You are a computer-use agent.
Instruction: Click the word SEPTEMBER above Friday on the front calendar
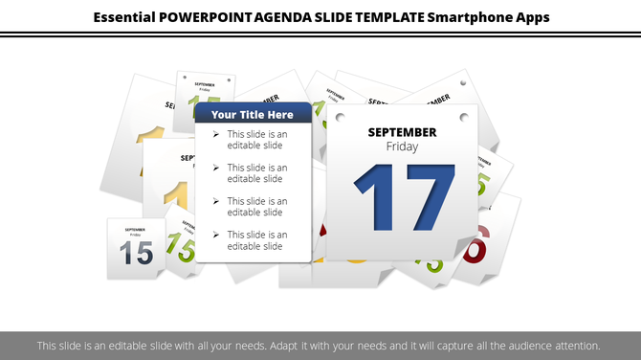pos(402,132)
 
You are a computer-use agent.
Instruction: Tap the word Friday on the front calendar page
pos(402,146)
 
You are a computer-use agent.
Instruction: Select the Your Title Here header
pos(253,114)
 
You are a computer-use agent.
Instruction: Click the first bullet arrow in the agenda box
pos(216,135)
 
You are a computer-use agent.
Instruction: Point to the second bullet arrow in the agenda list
pos(216,168)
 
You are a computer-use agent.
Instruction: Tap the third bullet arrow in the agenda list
pos(216,201)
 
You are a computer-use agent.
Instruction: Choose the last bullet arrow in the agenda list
pos(216,235)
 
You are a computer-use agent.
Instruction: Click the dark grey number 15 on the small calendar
pos(136,254)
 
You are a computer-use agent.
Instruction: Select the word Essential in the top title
pos(127,17)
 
